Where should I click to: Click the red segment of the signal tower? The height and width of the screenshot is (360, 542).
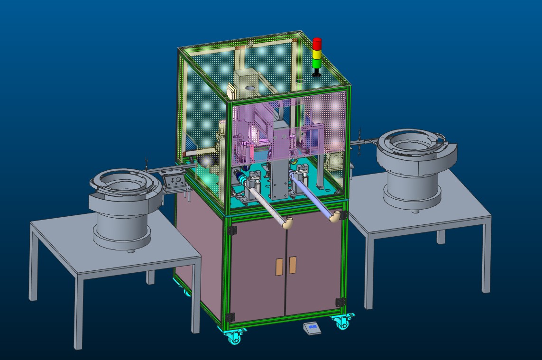pos(317,43)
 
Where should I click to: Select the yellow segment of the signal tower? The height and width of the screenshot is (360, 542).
pos(317,53)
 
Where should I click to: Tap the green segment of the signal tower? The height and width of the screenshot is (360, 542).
pos(317,63)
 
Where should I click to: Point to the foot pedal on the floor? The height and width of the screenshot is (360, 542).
pos(312,328)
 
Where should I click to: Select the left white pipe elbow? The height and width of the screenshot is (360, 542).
pos(287,222)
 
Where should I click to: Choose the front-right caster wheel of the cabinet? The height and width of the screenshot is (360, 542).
pos(342,323)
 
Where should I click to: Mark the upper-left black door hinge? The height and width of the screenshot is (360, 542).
pos(232,231)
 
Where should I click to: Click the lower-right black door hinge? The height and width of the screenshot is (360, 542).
pos(340,302)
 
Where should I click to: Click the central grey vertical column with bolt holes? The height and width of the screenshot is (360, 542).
pos(280,178)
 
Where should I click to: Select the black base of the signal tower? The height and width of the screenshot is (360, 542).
pos(317,74)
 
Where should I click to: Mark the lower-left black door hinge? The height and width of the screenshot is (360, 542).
pos(231,316)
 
